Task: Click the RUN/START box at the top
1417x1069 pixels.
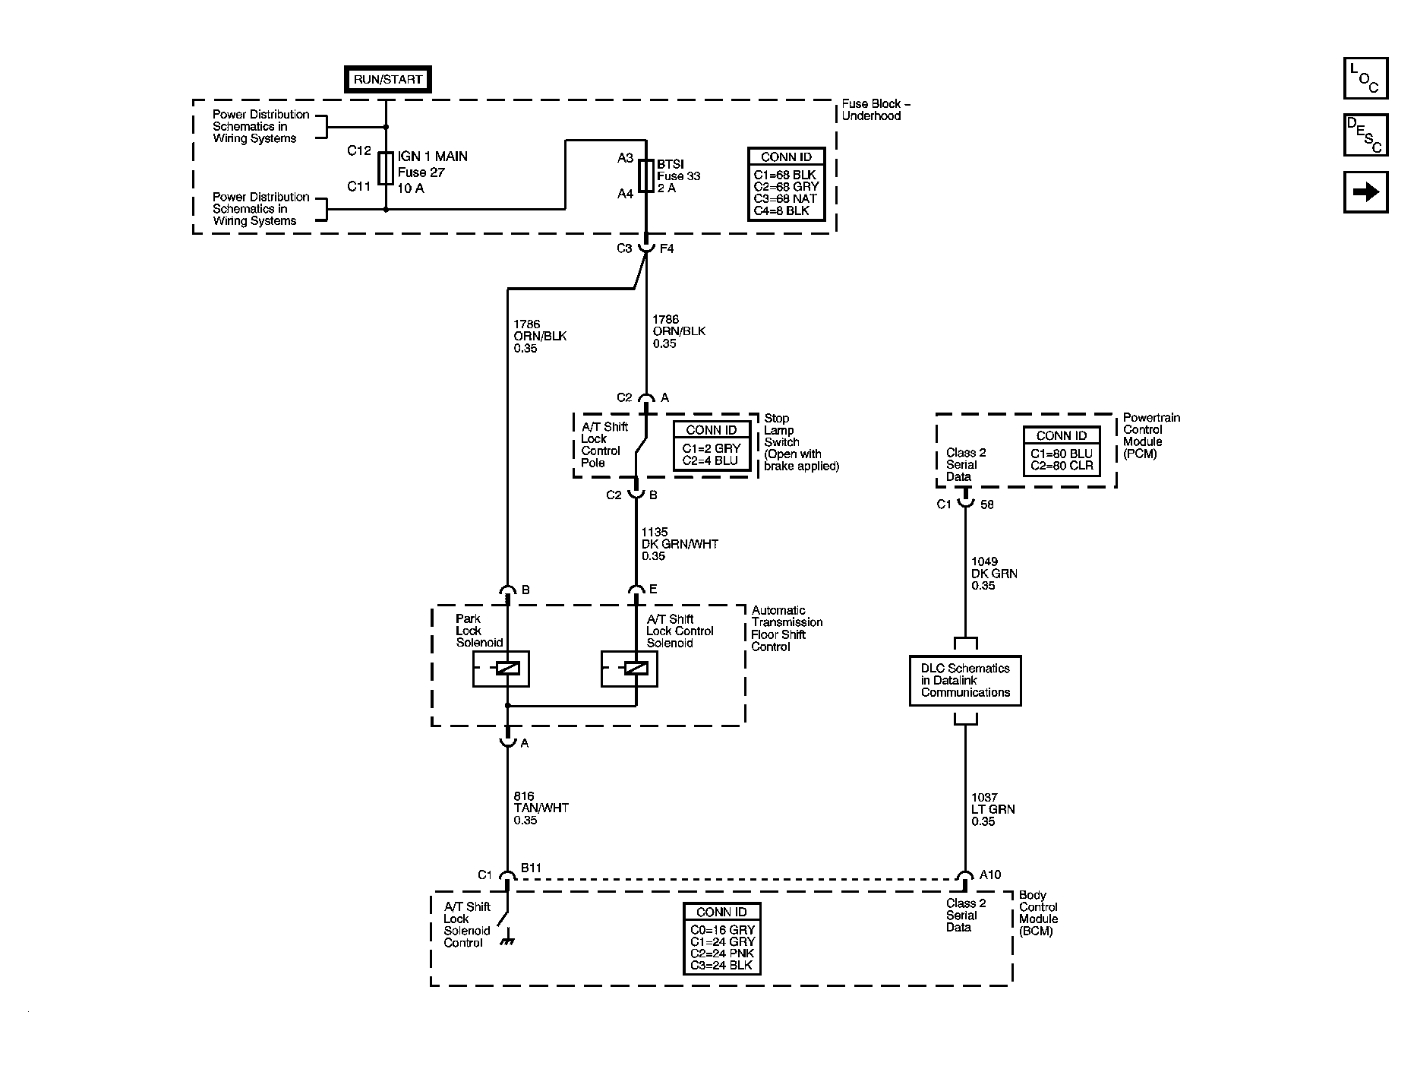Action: point(387,79)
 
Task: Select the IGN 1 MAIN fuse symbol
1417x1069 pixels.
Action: point(386,168)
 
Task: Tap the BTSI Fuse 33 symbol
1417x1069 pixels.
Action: point(646,176)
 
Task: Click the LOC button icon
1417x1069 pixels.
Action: point(1365,78)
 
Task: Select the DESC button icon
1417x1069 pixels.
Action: point(1365,134)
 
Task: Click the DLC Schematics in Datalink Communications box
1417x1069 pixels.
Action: point(965,681)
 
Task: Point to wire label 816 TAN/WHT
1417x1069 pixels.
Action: point(541,808)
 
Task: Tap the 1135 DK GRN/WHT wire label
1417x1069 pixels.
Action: point(679,544)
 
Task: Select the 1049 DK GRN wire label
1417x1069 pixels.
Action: point(993,574)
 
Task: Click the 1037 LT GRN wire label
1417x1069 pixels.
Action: point(993,809)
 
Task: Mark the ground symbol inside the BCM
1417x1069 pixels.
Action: point(507,941)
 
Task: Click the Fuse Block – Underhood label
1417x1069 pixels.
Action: point(875,109)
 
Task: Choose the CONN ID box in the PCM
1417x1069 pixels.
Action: point(1061,451)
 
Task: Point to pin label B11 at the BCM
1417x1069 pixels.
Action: point(531,868)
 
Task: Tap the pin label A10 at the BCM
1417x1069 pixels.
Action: point(989,875)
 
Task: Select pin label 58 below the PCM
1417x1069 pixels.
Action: point(986,504)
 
